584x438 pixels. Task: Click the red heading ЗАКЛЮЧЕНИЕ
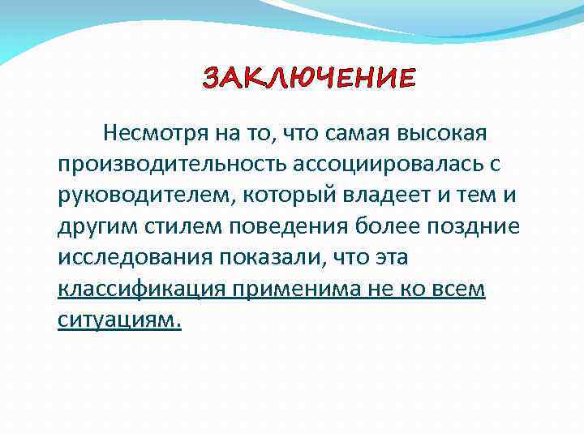click(308, 79)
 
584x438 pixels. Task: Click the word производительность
click(165, 164)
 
